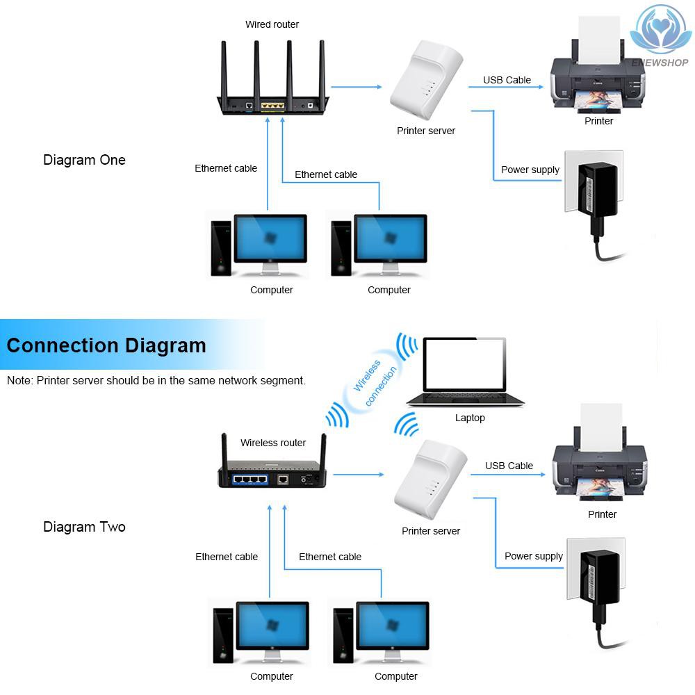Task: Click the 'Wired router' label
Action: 272,24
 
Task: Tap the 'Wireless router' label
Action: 273,443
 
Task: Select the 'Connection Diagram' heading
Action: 106,345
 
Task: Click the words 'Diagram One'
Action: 84,160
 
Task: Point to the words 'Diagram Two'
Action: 84,527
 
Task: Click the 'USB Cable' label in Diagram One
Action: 507,80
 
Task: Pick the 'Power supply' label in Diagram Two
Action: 534,556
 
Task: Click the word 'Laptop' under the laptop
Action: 470,418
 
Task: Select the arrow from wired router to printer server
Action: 357,87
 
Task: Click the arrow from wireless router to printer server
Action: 358,475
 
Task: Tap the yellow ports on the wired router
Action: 272,106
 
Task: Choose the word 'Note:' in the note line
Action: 20,381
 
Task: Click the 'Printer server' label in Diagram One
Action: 426,131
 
